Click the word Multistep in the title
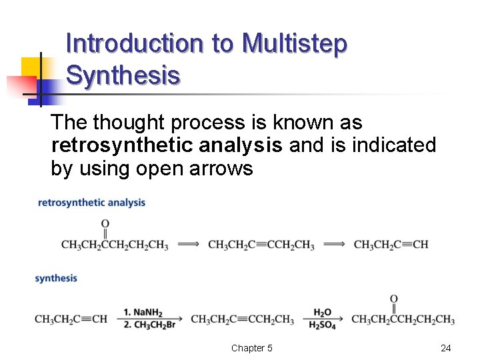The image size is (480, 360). pyautogui.click(x=295, y=44)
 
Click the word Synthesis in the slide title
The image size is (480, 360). pyautogui.click(x=123, y=76)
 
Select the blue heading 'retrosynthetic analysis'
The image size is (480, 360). pyautogui.click(x=92, y=203)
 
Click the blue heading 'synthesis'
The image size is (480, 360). pyautogui.click(x=56, y=278)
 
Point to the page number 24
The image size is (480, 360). pyautogui.click(x=446, y=348)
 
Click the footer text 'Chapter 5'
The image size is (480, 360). pyautogui.click(x=251, y=348)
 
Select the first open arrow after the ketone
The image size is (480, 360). pyautogui.click(x=188, y=245)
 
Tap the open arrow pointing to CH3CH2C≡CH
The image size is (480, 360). pyautogui.click(x=334, y=245)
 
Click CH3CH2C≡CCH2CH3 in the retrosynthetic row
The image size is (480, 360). pyautogui.click(x=261, y=245)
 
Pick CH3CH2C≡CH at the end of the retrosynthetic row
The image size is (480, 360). pyautogui.click(x=391, y=245)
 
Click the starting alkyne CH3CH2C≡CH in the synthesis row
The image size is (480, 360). pyautogui.click(x=71, y=319)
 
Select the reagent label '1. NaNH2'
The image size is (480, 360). pyautogui.click(x=143, y=312)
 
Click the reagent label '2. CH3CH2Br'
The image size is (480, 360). pyautogui.click(x=148, y=325)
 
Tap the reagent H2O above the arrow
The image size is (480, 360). pyautogui.click(x=322, y=312)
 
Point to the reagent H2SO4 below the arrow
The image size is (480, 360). pyautogui.click(x=322, y=325)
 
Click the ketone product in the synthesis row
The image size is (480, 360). pyautogui.click(x=403, y=319)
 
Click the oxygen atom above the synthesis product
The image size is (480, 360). pyautogui.click(x=394, y=299)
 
